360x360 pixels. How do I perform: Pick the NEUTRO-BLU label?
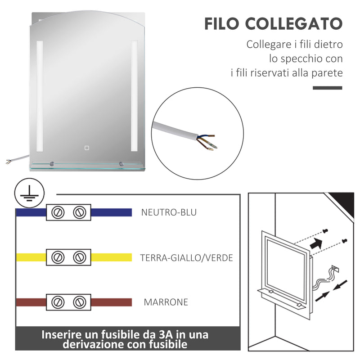click(x=169, y=212)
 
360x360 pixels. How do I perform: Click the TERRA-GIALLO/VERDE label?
click(x=186, y=258)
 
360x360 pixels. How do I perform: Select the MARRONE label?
click(x=166, y=302)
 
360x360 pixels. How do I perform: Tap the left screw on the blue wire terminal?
click(x=57, y=212)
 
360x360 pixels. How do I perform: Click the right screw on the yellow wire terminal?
click(x=80, y=257)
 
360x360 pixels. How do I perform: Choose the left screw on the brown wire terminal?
click(x=57, y=301)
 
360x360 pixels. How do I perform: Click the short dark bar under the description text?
click(x=327, y=87)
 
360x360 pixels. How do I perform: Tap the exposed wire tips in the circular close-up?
click(x=211, y=143)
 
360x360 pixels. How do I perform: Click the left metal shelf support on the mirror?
click(x=53, y=164)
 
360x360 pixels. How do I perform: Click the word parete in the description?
click(x=328, y=72)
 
